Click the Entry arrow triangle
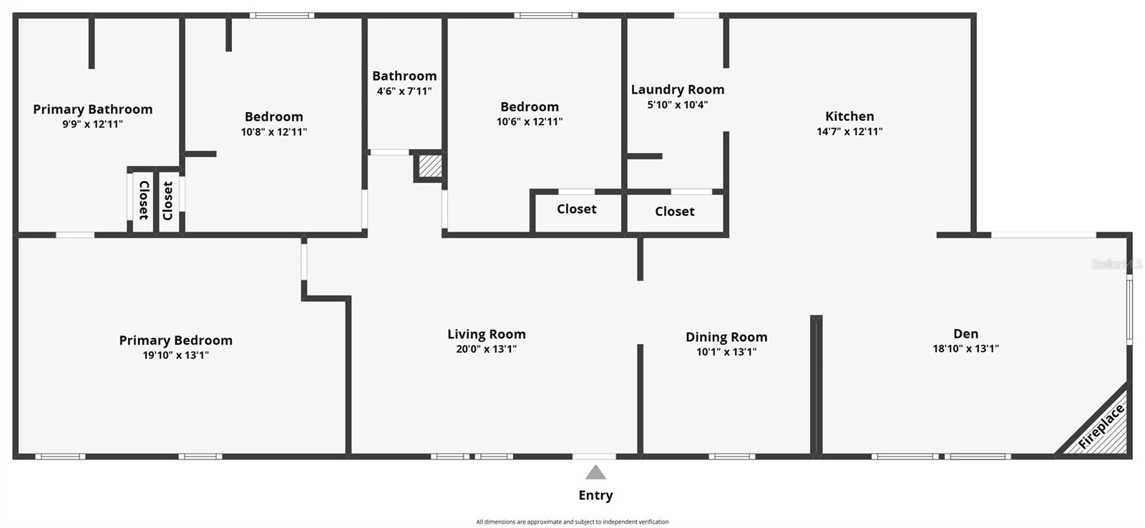(x=595, y=473)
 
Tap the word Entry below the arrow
(x=595, y=495)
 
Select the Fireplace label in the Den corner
(x=1101, y=427)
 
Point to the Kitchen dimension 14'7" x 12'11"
(x=849, y=132)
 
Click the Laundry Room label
(x=677, y=89)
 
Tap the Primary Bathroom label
(x=92, y=109)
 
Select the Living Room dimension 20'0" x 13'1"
(x=486, y=349)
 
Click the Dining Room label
(x=726, y=337)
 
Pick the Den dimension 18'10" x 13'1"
(x=965, y=348)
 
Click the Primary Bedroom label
(x=175, y=341)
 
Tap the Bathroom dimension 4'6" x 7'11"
(x=404, y=91)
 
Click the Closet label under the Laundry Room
(x=674, y=212)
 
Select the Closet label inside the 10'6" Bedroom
(x=576, y=209)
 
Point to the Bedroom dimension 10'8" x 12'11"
(x=273, y=132)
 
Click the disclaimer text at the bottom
(x=572, y=522)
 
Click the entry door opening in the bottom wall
(x=593, y=456)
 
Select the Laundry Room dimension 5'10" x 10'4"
(x=677, y=104)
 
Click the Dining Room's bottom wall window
(x=731, y=456)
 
